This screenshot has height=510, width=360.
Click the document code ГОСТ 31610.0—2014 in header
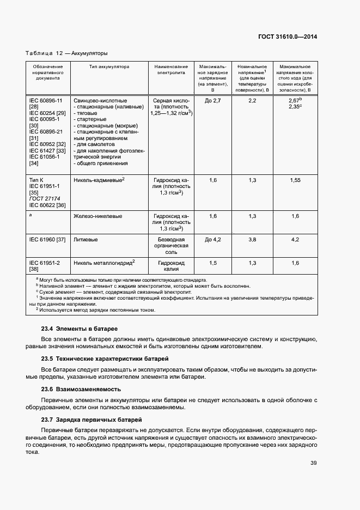286,37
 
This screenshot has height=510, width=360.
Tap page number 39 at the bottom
314,463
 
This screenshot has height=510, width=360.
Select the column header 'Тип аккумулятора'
109,66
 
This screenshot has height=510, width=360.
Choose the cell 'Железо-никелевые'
97,216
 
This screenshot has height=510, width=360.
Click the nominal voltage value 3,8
252,239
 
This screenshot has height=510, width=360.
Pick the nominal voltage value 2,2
252,101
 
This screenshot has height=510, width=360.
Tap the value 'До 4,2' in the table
212,239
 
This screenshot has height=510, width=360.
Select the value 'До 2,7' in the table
212,101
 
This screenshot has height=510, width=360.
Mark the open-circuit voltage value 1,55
295,179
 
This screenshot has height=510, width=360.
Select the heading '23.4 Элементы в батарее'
80,329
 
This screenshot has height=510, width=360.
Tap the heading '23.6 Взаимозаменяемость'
81,390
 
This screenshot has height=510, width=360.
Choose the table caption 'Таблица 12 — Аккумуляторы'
66,53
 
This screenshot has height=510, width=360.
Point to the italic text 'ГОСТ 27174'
45,199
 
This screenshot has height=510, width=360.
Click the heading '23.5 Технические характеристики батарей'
105,359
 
